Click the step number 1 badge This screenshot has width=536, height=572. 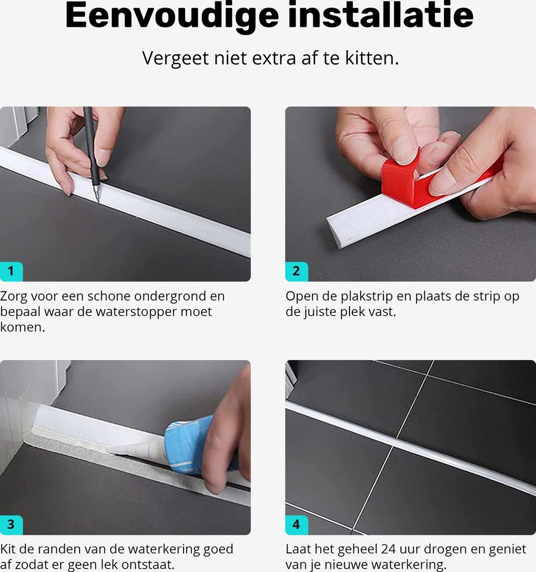click(11, 271)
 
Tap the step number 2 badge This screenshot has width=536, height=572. click(297, 271)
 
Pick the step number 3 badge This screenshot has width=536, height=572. click(11, 525)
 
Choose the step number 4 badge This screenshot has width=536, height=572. click(297, 525)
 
